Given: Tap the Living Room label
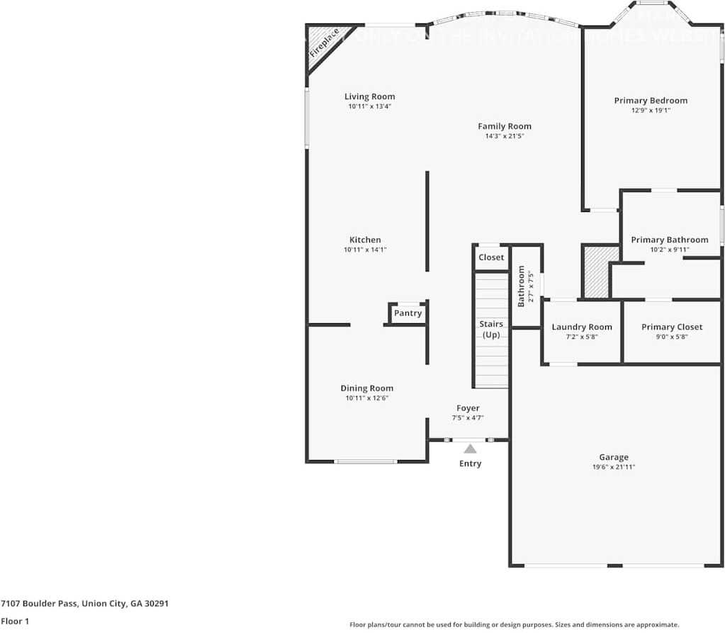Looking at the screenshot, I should (369, 96).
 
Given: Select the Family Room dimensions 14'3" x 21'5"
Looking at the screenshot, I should (504, 136).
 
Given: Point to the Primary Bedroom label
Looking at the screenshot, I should (650, 101).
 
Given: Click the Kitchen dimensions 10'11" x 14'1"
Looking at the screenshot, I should (365, 250).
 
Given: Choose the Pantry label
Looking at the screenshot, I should (408, 313).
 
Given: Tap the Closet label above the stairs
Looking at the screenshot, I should (491, 257).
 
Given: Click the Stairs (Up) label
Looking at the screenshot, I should (491, 329).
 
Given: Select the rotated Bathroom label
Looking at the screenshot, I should (522, 286).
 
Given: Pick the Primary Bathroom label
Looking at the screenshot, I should (669, 240).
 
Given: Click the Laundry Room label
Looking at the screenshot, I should (581, 327).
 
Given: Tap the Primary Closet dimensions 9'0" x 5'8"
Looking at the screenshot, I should (671, 337).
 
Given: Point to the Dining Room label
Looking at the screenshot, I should (366, 388).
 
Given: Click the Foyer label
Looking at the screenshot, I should (468, 408).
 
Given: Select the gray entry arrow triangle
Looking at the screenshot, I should (470, 448).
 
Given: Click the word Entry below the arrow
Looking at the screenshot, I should (470, 464).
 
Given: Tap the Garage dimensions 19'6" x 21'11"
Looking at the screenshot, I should (613, 467).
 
